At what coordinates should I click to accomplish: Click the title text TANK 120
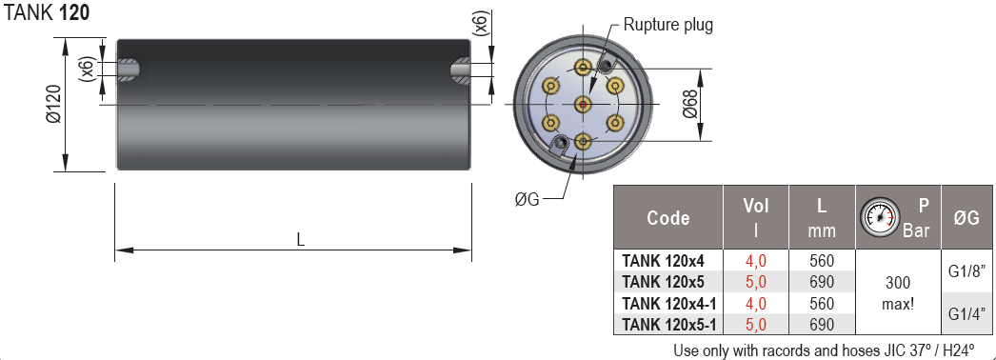click(x=48, y=13)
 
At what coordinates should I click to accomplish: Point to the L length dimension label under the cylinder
click(x=301, y=240)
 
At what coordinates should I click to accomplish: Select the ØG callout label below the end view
click(x=527, y=198)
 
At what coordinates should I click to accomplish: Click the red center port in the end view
click(x=583, y=104)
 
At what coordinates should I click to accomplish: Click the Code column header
click(x=667, y=217)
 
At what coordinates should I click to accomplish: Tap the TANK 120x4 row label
click(x=663, y=260)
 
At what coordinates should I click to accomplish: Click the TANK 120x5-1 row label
click(x=668, y=324)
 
